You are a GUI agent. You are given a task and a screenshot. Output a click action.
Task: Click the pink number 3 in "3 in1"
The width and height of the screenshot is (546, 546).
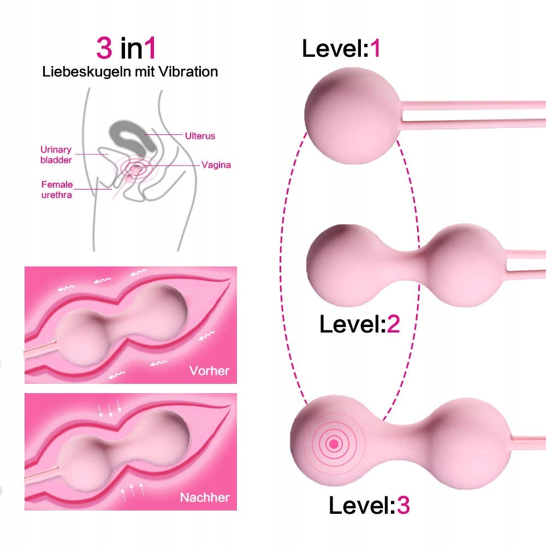pyautogui.click(x=104, y=48)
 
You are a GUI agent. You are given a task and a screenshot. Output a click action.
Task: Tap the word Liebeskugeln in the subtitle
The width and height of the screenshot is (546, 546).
pyautogui.click(x=87, y=72)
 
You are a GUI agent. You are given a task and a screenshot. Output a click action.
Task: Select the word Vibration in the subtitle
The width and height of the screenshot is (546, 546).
pyautogui.click(x=188, y=72)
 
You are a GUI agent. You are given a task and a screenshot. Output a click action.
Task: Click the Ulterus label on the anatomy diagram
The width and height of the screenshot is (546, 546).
pyautogui.click(x=200, y=136)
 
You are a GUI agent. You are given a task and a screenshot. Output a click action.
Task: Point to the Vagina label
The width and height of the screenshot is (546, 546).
pyautogui.click(x=216, y=165)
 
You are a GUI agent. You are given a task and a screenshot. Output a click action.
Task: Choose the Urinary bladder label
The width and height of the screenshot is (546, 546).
pyautogui.click(x=56, y=155)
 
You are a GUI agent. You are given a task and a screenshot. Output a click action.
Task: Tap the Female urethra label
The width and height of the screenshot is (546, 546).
pyautogui.click(x=57, y=189)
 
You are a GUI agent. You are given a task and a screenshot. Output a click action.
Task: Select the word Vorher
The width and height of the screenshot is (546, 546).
pyautogui.click(x=209, y=371)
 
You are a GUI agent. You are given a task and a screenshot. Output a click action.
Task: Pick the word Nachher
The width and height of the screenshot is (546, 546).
pyautogui.click(x=205, y=497)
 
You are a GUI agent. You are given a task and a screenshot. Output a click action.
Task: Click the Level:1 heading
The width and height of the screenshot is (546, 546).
pyautogui.click(x=341, y=48)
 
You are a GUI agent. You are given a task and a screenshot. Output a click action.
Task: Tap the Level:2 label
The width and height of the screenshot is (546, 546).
pyautogui.click(x=359, y=324)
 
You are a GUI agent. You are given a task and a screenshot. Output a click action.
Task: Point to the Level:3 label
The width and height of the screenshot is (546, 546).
pyautogui.click(x=369, y=505)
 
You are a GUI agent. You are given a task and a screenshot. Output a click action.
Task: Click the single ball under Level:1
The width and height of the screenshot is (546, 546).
pyautogui.click(x=352, y=115)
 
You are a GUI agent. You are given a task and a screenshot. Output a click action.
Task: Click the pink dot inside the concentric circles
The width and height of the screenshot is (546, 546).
pyautogui.click(x=334, y=444)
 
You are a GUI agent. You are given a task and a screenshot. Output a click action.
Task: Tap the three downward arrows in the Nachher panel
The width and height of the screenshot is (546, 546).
pyautogui.click(x=110, y=408)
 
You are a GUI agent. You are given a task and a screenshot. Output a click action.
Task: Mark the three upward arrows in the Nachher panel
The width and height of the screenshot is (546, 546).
pyautogui.click(x=132, y=491)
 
